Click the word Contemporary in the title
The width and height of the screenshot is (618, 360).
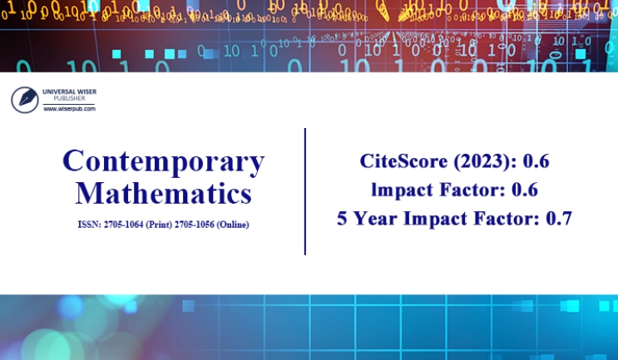[x=164, y=161]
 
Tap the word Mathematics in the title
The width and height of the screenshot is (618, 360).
[x=164, y=193]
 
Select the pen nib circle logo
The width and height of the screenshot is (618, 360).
[x=25, y=100]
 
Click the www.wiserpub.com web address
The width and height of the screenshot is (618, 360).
[x=69, y=109]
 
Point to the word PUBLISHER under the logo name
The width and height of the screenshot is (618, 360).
[x=69, y=98]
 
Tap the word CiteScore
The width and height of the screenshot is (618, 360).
[x=403, y=161]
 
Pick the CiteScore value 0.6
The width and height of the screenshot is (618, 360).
[x=536, y=161]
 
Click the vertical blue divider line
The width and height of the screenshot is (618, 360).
[x=305, y=191]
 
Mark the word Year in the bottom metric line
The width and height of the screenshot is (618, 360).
[x=375, y=219]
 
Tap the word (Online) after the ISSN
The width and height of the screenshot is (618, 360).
[x=233, y=224]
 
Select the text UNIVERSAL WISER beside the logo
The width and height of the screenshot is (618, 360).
[x=69, y=91]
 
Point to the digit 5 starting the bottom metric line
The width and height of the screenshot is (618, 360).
[x=342, y=219]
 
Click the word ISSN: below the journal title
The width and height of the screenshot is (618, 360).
[x=90, y=224]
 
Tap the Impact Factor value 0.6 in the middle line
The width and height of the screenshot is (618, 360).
[x=525, y=190]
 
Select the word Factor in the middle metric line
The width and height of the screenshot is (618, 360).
[x=472, y=190]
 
